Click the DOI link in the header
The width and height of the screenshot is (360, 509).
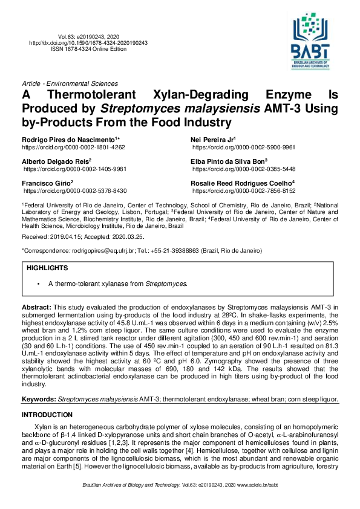point(88,43)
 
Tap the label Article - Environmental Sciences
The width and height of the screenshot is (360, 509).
point(70,83)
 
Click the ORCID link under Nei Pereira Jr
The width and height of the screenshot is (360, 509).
point(243,148)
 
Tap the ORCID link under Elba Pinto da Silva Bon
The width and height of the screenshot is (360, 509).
point(243,169)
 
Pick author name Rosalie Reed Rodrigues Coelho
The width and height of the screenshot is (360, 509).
point(242,183)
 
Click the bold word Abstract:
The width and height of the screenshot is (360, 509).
point(37,308)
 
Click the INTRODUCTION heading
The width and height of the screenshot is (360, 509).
point(47,415)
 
